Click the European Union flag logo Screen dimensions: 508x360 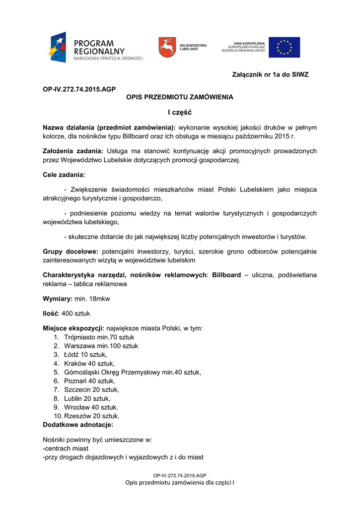point(284,47)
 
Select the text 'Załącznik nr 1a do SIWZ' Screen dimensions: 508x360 point(270,75)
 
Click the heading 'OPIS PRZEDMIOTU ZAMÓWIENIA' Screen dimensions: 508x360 point(180,97)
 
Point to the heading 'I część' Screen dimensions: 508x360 point(180,113)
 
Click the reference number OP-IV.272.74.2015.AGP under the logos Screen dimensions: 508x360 point(79,89)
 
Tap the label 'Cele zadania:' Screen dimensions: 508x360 point(64,175)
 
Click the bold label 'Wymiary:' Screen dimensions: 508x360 point(58,299)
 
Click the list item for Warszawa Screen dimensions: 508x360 point(101,346)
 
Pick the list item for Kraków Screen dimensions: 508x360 point(89,364)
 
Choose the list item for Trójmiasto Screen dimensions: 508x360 point(99,337)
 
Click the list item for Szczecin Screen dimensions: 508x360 point(92,390)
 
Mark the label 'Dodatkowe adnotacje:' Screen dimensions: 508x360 point(78,425)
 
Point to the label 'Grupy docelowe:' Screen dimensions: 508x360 point(70,252)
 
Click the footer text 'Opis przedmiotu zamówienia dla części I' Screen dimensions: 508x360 point(180,483)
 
